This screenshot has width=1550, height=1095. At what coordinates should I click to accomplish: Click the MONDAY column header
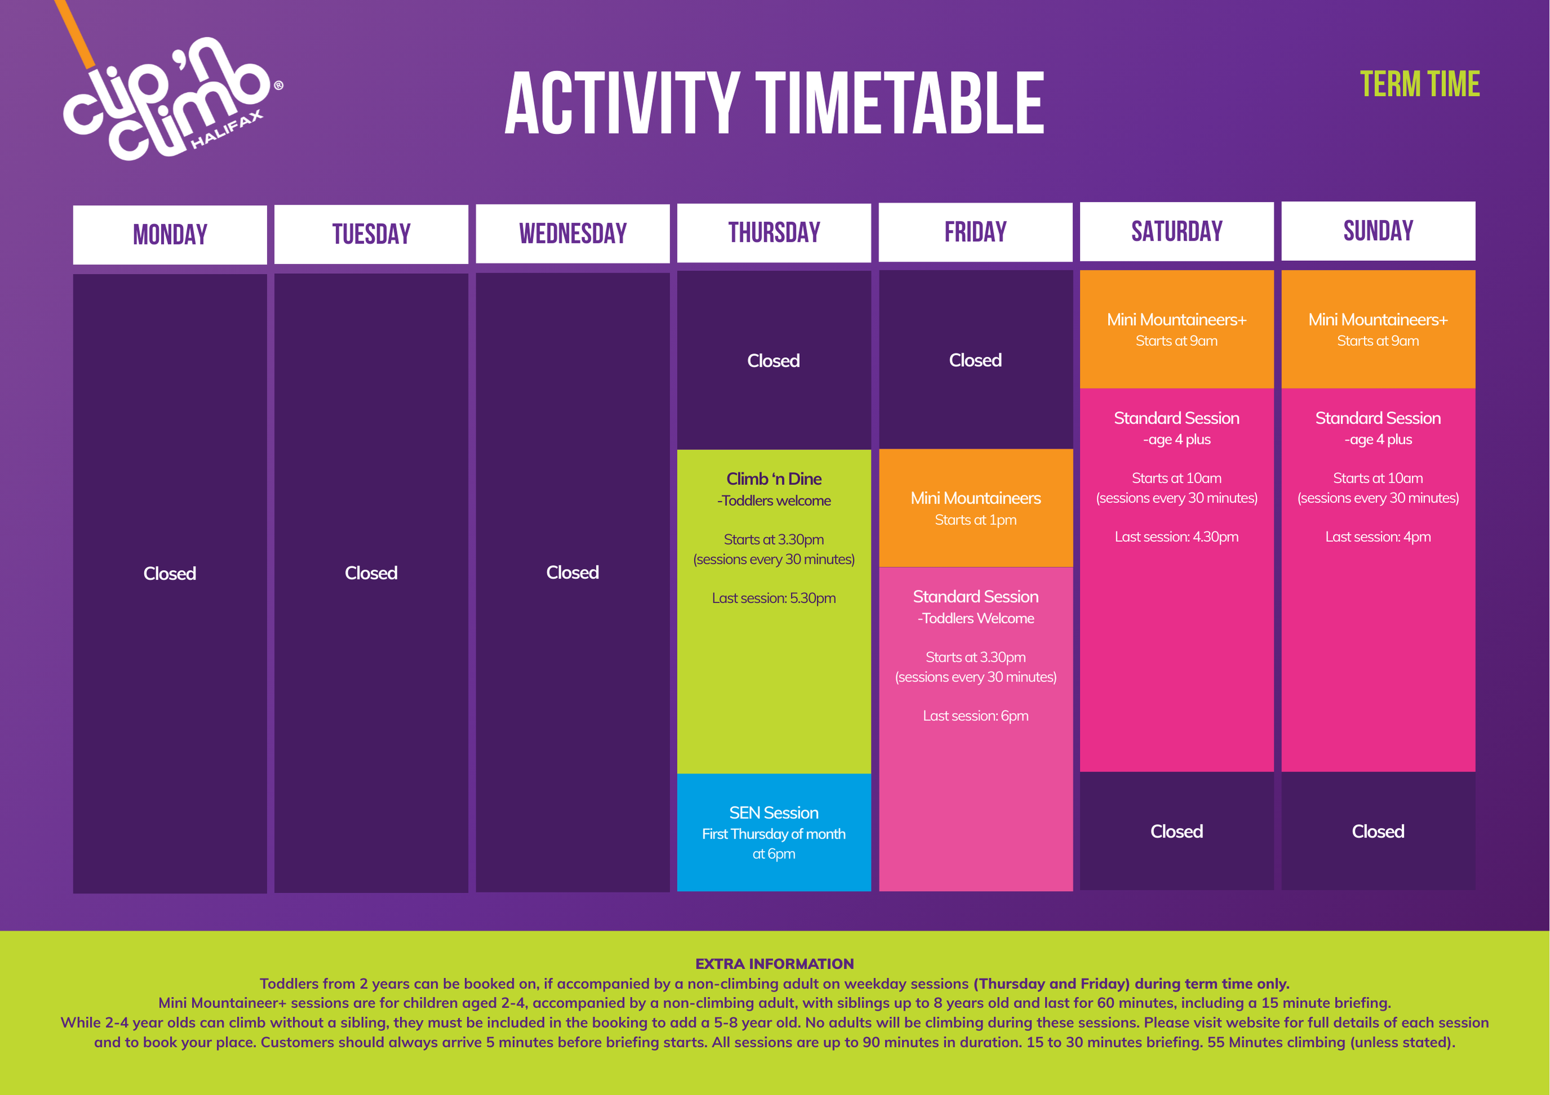[170, 235]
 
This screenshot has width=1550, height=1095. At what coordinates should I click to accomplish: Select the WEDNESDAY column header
[573, 233]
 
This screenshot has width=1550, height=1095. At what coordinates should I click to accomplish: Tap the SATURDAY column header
[1177, 232]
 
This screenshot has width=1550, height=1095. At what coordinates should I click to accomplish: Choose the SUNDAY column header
[1378, 231]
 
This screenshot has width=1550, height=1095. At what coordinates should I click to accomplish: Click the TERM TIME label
[1420, 84]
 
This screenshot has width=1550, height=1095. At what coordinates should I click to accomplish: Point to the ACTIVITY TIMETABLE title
[774, 103]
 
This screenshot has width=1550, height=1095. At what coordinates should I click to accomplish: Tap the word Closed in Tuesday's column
[371, 573]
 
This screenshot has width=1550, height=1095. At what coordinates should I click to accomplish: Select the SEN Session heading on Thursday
[774, 812]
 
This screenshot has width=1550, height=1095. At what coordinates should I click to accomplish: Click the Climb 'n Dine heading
[774, 478]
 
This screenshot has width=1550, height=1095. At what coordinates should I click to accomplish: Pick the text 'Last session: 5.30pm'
[774, 598]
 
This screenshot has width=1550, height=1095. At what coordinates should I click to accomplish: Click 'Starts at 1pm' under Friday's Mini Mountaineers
[976, 519]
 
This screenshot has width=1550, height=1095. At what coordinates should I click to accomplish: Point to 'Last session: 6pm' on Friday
[976, 716]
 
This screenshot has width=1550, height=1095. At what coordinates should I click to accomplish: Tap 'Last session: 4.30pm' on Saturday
[1177, 537]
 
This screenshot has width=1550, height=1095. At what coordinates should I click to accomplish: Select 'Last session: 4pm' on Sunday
[1378, 537]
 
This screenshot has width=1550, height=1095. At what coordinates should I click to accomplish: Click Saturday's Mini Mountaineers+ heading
[1177, 320]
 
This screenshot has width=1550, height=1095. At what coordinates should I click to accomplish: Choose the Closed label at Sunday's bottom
[1378, 831]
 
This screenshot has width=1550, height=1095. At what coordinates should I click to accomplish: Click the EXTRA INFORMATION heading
[774, 963]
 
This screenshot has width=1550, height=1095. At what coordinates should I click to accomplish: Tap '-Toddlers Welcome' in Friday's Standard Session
[976, 618]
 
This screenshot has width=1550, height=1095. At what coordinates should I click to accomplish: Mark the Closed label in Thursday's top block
[774, 361]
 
